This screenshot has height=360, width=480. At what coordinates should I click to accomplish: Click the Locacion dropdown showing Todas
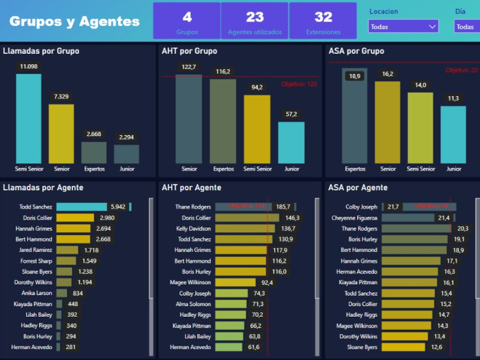coord(403,26)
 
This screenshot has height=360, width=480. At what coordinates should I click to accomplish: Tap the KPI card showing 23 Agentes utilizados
coord(254,21)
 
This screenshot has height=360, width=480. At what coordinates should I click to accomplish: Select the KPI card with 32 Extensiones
coord(323,21)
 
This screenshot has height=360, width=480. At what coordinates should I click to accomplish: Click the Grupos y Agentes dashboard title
coord(74,22)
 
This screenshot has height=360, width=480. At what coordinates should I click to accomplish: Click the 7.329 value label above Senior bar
coord(61,97)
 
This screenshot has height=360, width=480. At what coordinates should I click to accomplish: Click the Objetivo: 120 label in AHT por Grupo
coord(299,84)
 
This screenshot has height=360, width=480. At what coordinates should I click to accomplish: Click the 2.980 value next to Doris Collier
coord(107,218)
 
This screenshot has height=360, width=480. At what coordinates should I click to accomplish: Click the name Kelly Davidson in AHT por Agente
coord(193,229)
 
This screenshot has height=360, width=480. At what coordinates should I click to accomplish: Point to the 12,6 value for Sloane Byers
coord(436,347)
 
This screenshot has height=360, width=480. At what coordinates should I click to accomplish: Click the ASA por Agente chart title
coord(358,188)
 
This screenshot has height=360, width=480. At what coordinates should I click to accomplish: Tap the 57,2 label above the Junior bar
coord(291,114)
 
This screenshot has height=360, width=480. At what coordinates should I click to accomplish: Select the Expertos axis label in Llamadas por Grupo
coord(94,169)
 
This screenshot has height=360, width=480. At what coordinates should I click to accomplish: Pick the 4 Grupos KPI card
coord(187,21)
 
